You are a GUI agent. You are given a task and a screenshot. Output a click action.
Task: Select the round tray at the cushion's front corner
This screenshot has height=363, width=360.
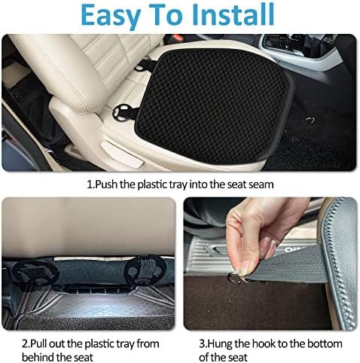tap(121, 114)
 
